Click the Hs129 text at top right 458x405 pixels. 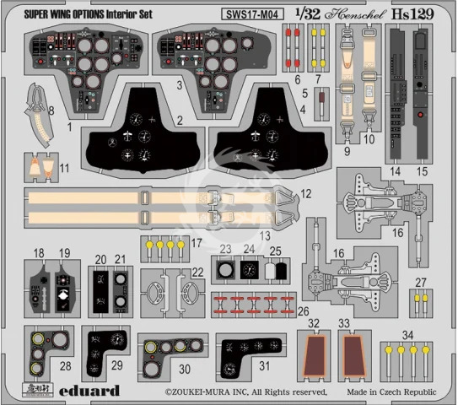[428, 12]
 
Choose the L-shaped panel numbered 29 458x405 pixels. [108, 354]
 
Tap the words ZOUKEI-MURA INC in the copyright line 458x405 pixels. [206, 392]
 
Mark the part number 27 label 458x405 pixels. [420, 283]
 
